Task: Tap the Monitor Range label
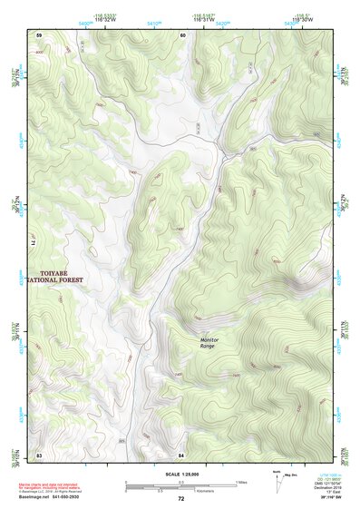pos(209,343)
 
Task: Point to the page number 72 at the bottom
pos(180,498)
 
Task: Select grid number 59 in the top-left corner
pos(39,34)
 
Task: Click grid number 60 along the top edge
pos(182,34)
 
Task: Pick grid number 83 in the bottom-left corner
pos(39,453)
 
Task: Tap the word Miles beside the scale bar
pos(242,481)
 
